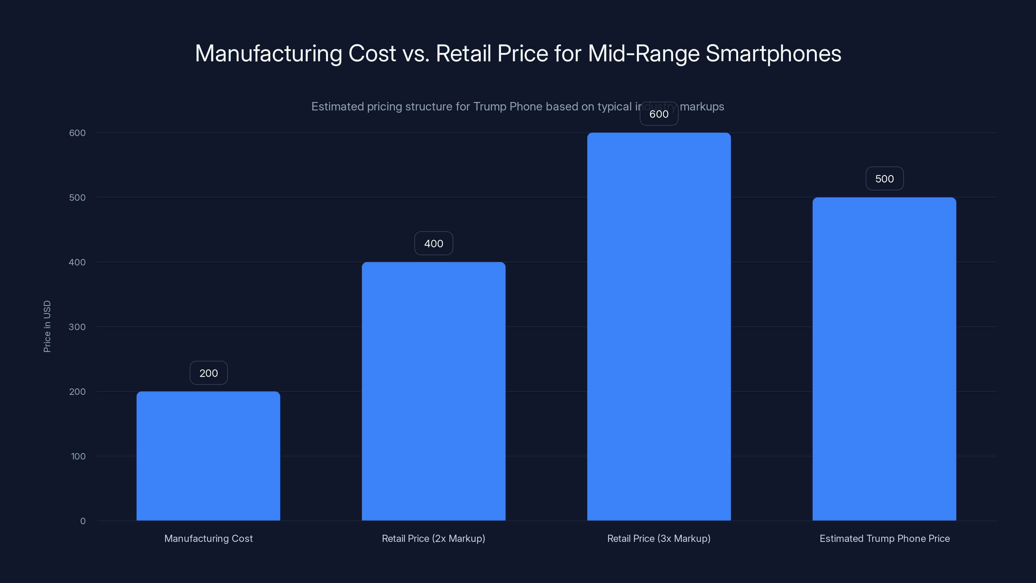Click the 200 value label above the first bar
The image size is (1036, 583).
[208, 373]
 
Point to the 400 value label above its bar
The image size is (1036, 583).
[434, 244]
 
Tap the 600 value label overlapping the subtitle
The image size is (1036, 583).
[659, 114]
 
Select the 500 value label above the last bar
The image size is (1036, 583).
[884, 179]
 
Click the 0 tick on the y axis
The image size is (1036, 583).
[83, 521]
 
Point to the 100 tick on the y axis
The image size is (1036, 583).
[78, 456]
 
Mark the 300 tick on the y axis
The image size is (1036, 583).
[77, 327]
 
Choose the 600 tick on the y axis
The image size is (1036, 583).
[77, 133]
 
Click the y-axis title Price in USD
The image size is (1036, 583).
[47, 326]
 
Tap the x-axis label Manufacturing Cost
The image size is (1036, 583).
[208, 538]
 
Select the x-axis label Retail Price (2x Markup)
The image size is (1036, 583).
[434, 538]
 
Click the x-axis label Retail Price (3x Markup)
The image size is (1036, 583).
[659, 538]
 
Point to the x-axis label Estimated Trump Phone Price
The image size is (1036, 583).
[884, 538]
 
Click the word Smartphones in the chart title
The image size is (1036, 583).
[773, 53]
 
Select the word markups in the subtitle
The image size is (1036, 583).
[702, 107]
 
